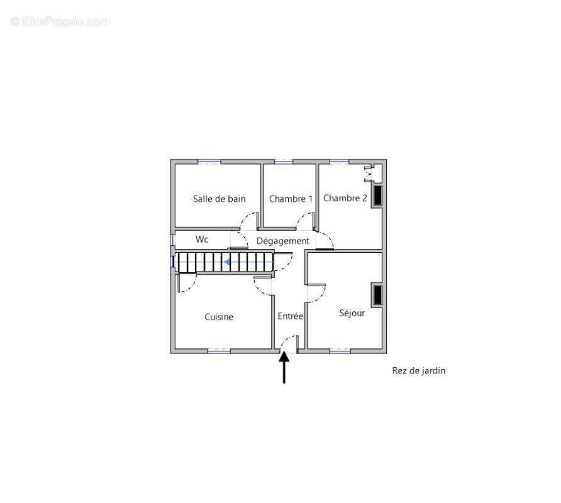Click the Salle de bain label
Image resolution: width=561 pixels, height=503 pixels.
[219, 199]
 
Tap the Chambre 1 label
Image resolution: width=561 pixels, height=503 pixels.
[291, 199]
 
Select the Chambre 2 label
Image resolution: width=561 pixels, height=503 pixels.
[345, 198]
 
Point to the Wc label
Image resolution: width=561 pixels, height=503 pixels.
[202, 240]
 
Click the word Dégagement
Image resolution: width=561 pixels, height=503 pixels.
[282, 241]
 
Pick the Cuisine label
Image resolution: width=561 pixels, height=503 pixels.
[219, 317]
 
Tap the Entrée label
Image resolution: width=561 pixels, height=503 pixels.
[290, 316]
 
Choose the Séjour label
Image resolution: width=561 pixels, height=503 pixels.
[352, 313]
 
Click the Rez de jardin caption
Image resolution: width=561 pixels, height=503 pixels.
[419, 370]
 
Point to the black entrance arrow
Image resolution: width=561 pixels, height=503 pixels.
[284, 367]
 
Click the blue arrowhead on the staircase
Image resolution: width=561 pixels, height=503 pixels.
[227, 262]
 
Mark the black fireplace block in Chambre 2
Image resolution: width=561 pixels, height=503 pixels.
[378, 196]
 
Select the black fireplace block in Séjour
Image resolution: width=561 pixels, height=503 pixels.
[378, 295]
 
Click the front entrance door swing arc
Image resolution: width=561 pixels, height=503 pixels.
[286, 340]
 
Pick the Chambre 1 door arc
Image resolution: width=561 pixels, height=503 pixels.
[303, 217]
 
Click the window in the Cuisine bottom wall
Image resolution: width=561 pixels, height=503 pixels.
[219, 351]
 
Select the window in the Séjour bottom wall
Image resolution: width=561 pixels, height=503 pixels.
[340, 351]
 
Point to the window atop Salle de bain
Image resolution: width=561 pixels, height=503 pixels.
[209, 162]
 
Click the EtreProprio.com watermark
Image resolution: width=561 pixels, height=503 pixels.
[60, 22]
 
